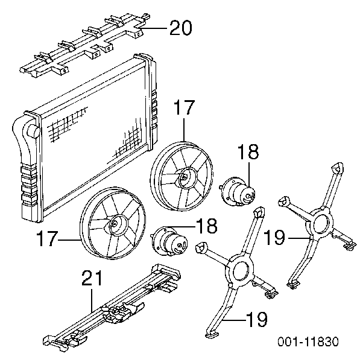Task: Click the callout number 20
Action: coord(181,28)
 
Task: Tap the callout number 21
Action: coord(92,278)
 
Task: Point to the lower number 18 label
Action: coord(207,226)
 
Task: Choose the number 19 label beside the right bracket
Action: coord(275,237)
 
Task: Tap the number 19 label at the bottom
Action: coord(257,319)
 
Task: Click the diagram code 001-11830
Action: coord(308,341)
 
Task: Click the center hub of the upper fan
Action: coord(185,177)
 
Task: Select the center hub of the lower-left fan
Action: coord(115,223)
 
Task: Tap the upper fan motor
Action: coord(238,192)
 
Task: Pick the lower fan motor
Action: coord(170,241)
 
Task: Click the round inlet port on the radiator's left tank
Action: coord(33,130)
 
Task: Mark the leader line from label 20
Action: coord(153,28)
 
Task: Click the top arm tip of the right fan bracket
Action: coord(337,168)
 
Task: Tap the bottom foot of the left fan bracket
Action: coord(212,335)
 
